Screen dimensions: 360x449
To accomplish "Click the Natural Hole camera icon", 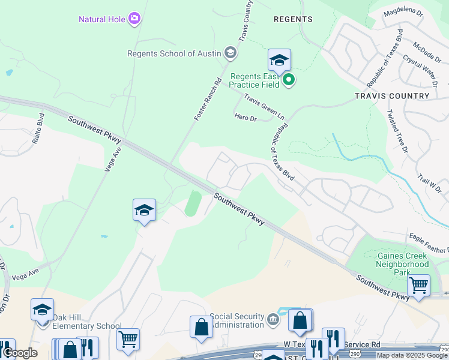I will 134,19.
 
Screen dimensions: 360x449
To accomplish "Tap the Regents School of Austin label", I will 174,53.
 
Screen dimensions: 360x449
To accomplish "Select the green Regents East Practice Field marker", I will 289,80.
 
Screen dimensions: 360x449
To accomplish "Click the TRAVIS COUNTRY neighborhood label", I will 393,95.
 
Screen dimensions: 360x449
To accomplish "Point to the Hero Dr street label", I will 245,118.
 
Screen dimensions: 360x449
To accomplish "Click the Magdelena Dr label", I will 404,12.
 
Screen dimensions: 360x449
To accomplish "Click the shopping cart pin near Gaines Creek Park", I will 418,286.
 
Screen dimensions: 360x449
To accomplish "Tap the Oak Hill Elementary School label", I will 87,322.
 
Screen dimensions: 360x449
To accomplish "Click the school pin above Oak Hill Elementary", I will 42,310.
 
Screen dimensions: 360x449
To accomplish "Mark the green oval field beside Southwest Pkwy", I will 193,203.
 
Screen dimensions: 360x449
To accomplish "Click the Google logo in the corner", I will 19,353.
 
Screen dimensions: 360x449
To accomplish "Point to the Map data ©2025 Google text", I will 412,355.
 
